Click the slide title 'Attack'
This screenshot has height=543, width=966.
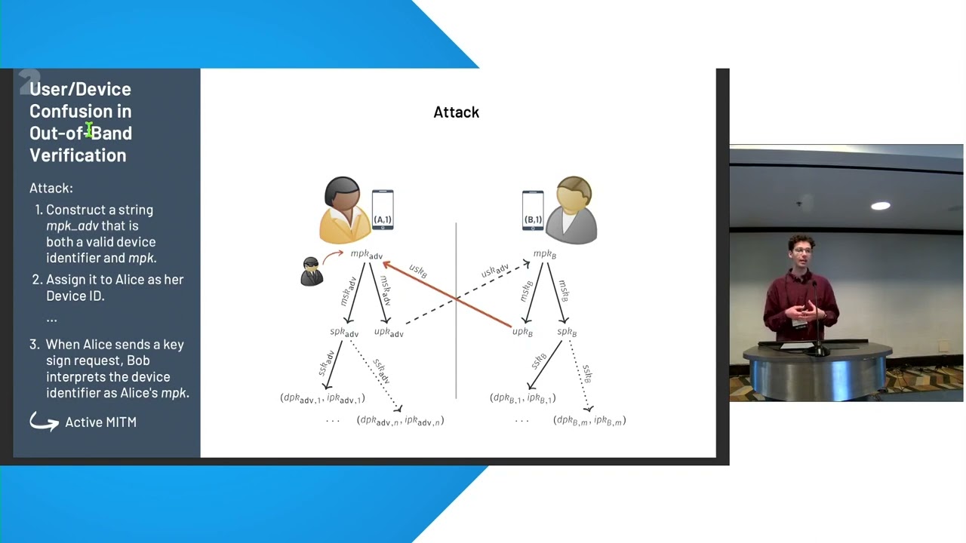coord(456,112)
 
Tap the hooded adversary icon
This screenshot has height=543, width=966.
coord(311,271)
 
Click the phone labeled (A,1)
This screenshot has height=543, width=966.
coord(383,210)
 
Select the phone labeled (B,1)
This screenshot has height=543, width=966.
coord(533,210)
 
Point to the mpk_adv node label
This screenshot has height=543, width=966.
coord(367,255)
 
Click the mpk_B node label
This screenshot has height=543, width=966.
coord(544,254)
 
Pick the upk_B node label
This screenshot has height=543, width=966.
coord(522,333)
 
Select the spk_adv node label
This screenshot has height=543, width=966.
coord(344,333)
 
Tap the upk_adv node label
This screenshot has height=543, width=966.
coord(389,333)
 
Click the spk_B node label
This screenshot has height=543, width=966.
coord(567,333)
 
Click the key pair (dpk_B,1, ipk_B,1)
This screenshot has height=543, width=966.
coord(522,398)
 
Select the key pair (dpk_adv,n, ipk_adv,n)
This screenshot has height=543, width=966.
coord(400,421)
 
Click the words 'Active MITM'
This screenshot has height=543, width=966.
coord(100,422)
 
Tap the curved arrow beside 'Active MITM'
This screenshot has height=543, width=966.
coord(44,422)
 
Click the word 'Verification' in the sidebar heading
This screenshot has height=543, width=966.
coord(78,155)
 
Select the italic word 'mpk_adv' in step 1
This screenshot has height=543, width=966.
coord(72,225)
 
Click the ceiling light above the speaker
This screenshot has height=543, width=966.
coord(880,206)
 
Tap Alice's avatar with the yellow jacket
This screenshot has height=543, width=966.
coord(344,210)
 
